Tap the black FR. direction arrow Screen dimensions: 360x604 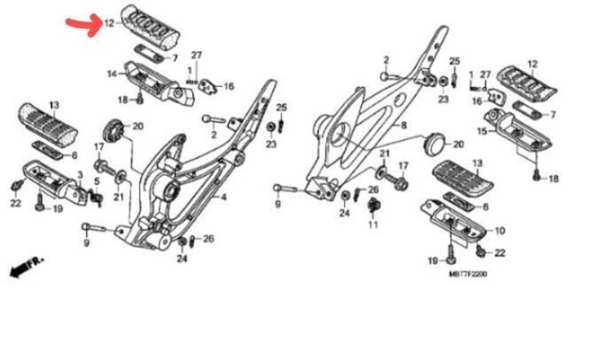pyautogui.click(x=27, y=266)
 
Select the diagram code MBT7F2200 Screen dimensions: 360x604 pyautogui.click(x=467, y=274)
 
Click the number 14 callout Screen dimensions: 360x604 pyautogui.click(x=112, y=74)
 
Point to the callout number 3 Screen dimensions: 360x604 pyautogui.click(x=79, y=175)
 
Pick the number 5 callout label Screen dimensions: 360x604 pyautogui.click(x=97, y=181)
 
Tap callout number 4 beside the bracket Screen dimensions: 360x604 pyautogui.click(x=223, y=198)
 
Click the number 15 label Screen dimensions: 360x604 pyautogui.click(x=482, y=130)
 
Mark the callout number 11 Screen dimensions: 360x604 pyautogui.click(x=373, y=225)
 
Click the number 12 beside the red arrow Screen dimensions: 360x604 pyautogui.click(x=109, y=24)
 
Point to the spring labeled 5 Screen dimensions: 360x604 pyautogui.click(x=95, y=194)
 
